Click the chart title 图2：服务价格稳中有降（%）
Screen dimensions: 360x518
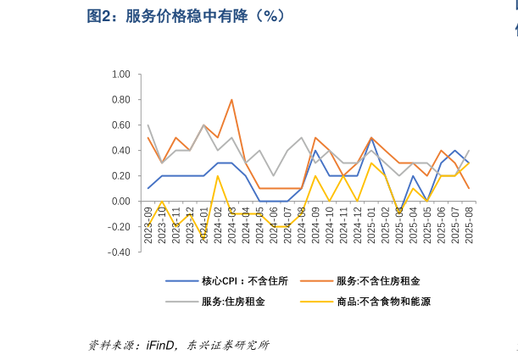pyautogui.click(x=186, y=16)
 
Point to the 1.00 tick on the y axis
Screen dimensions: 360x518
pyautogui.click(x=120, y=75)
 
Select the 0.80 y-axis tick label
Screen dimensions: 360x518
pyautogui.click(x=120, y=100)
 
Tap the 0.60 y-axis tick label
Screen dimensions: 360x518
pyautogui.click(x=120, y=125)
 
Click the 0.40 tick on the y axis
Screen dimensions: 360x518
pyautogui.click(x=120, y=151)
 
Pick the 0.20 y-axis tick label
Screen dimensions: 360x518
pyautogui.click(x=120, y=176)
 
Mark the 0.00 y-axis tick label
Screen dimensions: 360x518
pyautogui.click(x=120, y=202)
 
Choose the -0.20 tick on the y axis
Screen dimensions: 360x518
pyautogui.click(x=119, y=227)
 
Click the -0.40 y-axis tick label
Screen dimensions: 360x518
pyautogui.click(x=119, y=252)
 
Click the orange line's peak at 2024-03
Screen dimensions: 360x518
pyautogui.click(x=231, y=100)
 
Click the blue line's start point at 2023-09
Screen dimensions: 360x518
pyautogui.click(x=148, y=188)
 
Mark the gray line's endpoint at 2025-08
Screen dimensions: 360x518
pyautogui.click(x=469, y=151)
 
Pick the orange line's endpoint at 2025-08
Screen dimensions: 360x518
pyautogui.click(x=469, y=188)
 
